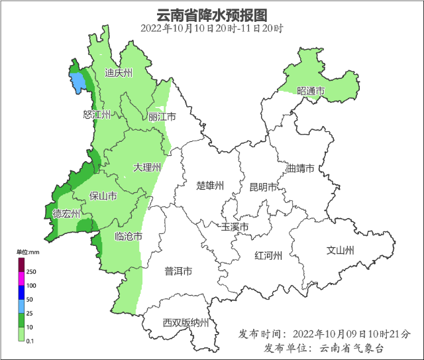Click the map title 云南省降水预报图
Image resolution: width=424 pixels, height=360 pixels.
coord(212,15)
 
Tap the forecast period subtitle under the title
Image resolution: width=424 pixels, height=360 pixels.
coord(212,29)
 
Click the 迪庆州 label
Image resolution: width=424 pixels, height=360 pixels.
coord(119,74)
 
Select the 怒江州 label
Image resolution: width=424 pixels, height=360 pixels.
coord(96,115)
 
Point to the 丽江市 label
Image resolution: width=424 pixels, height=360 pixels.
coord(162,117)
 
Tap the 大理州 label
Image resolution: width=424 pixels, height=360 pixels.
coord(146,167)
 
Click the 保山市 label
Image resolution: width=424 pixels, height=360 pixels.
coord(103,196)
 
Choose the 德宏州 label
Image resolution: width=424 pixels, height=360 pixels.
coord(66,213)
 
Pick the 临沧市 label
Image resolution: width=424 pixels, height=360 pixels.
coord(128,236)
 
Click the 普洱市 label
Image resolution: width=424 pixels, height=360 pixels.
coord(178,271)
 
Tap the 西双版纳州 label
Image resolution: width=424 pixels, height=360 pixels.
coord(185,323)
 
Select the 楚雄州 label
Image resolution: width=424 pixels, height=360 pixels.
coord(211,185)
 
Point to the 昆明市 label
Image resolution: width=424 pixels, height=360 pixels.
coord(262,187)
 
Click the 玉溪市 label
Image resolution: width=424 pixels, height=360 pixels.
coord(235,227)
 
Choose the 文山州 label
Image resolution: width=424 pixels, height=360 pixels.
coord(341,250)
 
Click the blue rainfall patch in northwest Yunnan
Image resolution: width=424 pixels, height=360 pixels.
coord(78,82)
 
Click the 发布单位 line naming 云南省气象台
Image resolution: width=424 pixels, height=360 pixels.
coord(324,348)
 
